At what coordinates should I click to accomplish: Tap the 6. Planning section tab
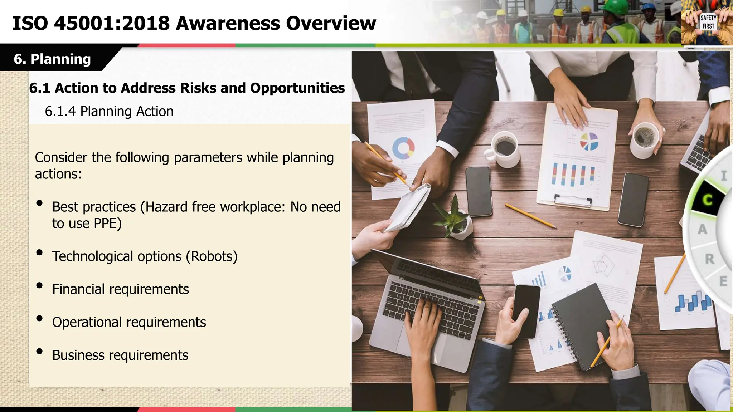pos(53,59)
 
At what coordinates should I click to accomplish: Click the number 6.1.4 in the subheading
pos(60,112)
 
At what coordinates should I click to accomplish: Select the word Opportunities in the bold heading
pos(297,88)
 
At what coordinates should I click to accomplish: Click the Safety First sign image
pos(708,22)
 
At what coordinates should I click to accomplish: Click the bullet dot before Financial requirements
pos(40,285)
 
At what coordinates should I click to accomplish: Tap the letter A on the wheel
pos(702,229)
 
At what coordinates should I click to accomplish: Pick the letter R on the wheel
pos(709,259)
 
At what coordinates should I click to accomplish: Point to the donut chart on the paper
pos(403,148)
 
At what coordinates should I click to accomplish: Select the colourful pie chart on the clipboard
pos(589,141)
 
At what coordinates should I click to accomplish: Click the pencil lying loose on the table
pos(530,216)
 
